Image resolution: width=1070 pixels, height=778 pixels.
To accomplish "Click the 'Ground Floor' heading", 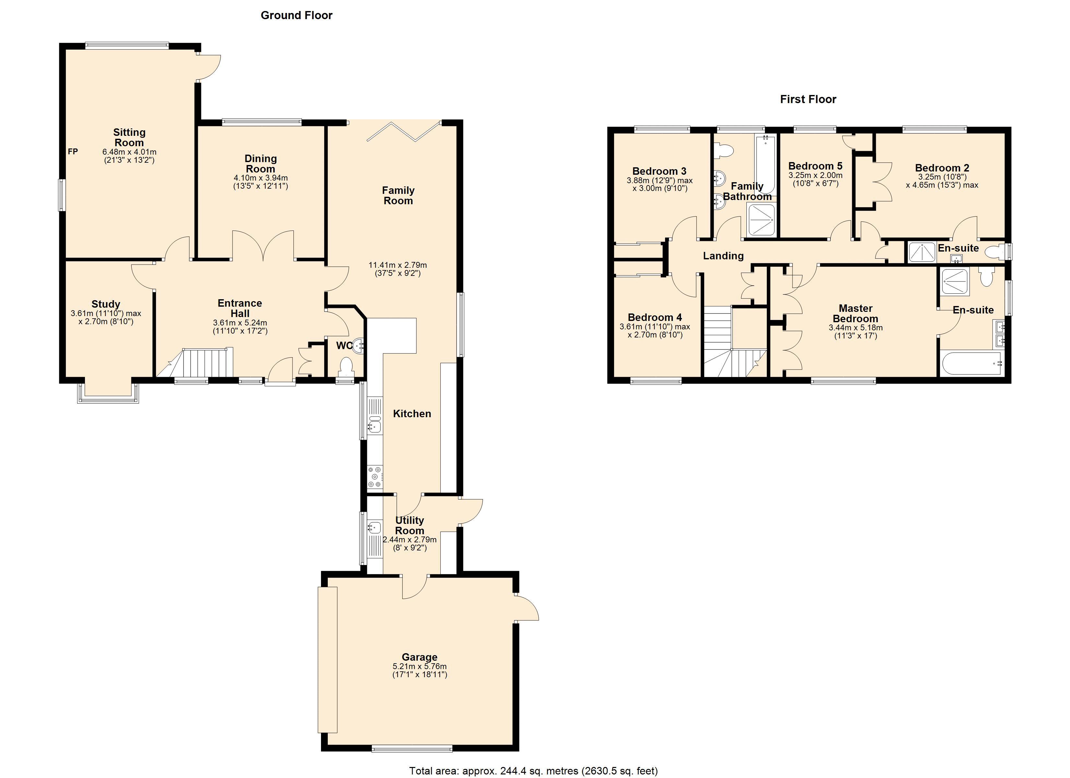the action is [296, 16].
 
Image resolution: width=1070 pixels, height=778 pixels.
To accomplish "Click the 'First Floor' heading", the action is [808, 100].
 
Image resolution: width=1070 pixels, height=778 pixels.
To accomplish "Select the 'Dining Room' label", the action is [260, 164].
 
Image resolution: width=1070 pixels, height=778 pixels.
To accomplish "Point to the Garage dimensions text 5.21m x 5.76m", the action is [420, 666].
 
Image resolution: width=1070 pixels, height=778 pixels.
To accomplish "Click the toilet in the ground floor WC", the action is [346, 366].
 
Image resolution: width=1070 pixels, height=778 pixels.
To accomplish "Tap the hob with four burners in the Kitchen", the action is [375, 477].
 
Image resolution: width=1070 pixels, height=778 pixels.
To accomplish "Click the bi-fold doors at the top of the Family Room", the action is [404, 132].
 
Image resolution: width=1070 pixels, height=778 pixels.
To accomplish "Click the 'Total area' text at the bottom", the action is [533, 771].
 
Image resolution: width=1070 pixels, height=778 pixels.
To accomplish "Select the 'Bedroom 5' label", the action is [815, 166].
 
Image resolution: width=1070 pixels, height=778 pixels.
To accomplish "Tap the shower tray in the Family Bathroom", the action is [761, 220].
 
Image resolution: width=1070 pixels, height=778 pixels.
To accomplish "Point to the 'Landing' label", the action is [723, 256].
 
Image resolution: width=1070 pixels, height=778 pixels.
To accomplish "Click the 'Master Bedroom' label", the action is [855, 313].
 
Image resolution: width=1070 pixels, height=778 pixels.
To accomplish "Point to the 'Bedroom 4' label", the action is [655, 318].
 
